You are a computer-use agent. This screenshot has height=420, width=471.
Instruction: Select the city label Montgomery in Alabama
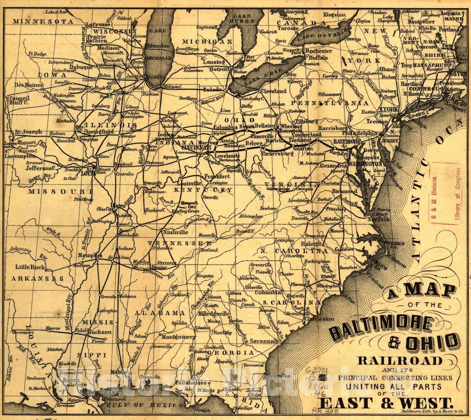[178, 337]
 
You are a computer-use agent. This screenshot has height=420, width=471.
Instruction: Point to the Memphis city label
[89, 256]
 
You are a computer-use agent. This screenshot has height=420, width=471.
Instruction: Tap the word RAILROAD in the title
[399, 360]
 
